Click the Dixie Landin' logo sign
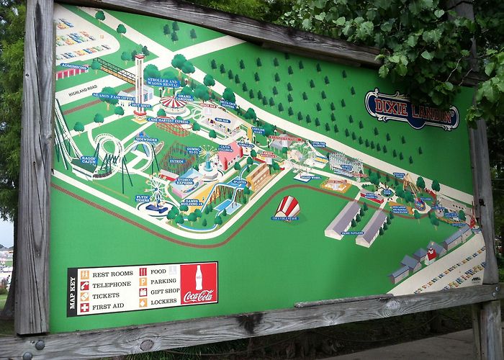(x=411, y=109)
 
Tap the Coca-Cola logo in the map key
(x=198, y=295)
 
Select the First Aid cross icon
(x=85, y=307)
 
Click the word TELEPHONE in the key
(x=109, y=285)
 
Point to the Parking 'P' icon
(x=143, y=282)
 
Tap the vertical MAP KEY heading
(x=72, y=292)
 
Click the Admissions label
(x=73, y=66)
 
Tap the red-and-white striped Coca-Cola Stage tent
(x=287, y=207)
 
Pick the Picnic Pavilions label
(x=352, y=233)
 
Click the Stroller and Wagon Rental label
(x=163, y=82)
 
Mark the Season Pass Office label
(x=112, y=96)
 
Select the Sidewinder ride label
(x=146, y=140)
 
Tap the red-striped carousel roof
(x=173, y=103)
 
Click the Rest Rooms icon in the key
(x=85, y=274)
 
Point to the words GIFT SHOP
(x=165, y=292)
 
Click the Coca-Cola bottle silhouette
(x=199, y=277)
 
